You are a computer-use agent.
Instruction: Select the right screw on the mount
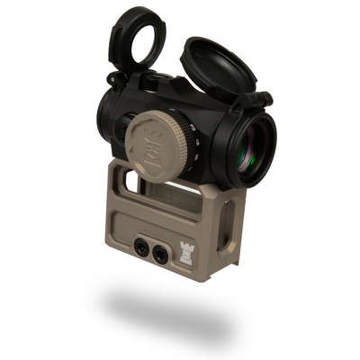click(x=159, y=254)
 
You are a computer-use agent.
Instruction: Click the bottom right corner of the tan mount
click(x=209, y=279)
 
